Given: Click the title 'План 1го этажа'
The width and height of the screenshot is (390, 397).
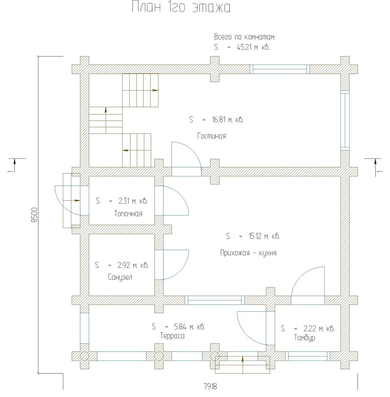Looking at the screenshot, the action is coord(181,7).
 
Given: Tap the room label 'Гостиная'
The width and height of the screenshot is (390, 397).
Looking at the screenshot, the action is coord(211,136).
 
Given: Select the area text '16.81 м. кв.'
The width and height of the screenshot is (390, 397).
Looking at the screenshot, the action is coord(227,120).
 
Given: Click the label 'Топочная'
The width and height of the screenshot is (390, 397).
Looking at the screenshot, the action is coord(128,213).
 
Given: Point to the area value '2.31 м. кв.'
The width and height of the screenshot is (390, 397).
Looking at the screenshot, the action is coord(133,201).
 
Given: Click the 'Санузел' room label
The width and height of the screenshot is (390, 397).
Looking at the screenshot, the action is coord(120,277).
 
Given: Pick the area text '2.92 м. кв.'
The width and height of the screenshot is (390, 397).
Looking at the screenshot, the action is coord(133,265).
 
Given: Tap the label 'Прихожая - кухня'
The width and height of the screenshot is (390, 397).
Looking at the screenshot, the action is coord(248,253).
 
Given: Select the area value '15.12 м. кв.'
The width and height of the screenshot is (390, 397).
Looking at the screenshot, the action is coord(264,236).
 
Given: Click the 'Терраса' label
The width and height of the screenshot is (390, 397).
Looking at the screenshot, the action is coord(173,336).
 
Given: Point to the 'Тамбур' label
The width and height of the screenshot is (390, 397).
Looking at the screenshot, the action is coord(305,338).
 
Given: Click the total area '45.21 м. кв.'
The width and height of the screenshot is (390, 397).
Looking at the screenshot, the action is coord(253,47).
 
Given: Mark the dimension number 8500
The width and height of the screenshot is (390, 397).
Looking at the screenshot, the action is coord(34,215).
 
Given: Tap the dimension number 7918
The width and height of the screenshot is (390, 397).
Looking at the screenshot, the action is coord(210,386).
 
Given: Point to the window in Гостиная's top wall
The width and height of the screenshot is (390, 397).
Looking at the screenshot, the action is coord(280,69).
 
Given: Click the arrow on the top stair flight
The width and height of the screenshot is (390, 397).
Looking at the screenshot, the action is coord(155,90).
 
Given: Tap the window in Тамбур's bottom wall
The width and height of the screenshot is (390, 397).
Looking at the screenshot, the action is coord(308,356).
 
